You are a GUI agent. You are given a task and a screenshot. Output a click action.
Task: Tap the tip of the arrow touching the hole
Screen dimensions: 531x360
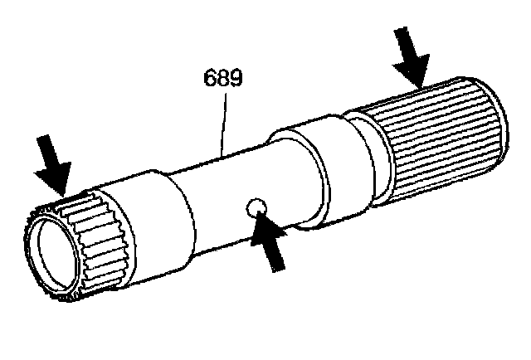click(x=260, y=215)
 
